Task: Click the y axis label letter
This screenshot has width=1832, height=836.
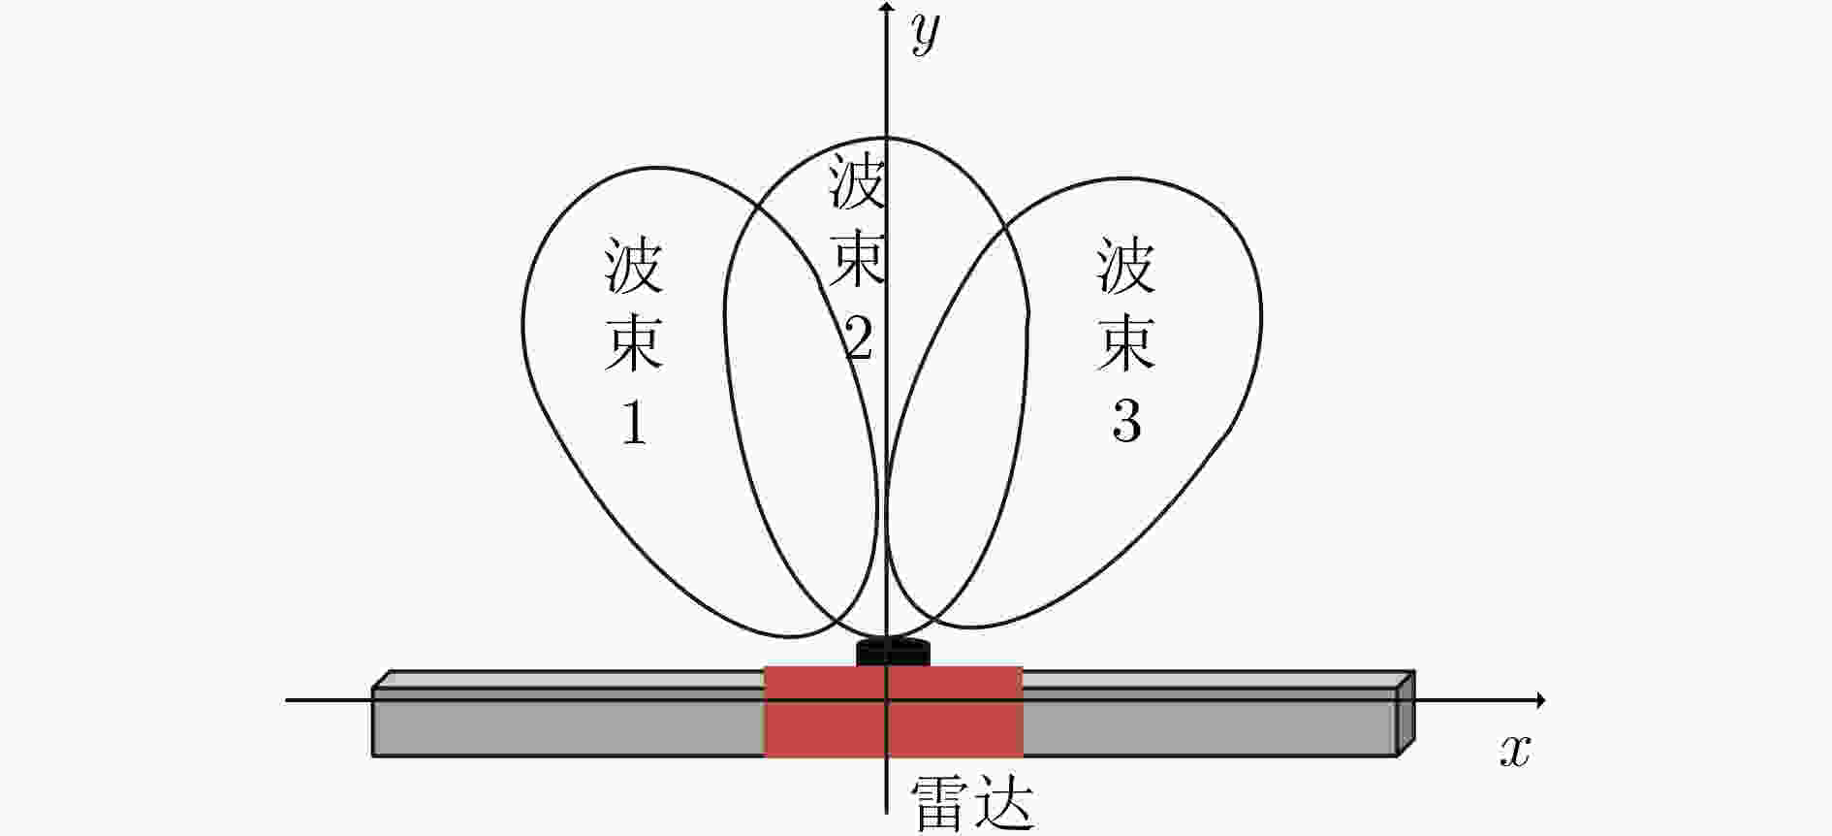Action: (926, 36)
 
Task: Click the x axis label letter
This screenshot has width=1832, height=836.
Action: (1514, 751)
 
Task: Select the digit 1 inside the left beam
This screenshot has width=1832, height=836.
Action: (635, 421)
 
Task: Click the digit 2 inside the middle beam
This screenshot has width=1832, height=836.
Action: (858, 338)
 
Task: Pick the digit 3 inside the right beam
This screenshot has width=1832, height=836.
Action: (1126, 421)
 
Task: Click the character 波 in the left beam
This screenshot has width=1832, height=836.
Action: (634, 265)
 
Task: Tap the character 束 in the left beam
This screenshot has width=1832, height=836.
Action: (634, 341)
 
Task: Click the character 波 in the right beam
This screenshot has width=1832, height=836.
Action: (1126, 265)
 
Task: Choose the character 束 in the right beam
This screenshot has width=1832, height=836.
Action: (1126, 341)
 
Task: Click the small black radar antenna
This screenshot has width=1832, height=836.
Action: (893, 652)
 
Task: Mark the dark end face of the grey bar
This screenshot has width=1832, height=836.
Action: (1406, 713)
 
